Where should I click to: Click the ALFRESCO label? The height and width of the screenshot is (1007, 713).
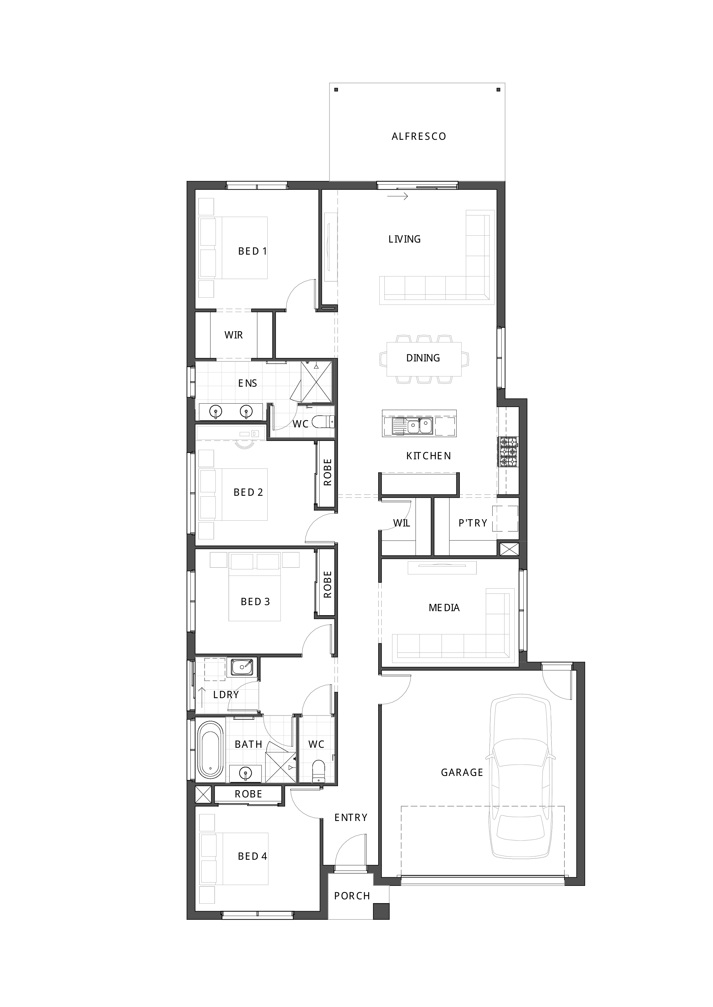tap(418, 136)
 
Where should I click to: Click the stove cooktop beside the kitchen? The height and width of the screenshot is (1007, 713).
tap(508, 452)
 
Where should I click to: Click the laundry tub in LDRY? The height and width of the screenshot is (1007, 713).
tap(242, 667)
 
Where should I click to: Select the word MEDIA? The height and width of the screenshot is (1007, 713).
tap(444, 608)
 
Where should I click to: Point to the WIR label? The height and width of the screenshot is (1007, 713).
tap(234, 335)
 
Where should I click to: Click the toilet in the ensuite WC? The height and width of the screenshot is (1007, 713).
tap(324, 422)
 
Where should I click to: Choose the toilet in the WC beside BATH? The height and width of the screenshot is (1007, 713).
tap(318, 772)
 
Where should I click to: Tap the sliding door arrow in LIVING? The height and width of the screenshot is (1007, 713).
tap(398, 196)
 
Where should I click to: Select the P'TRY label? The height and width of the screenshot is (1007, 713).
tap(472, 523)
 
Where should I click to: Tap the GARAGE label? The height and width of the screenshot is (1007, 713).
tap(462, 772)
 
